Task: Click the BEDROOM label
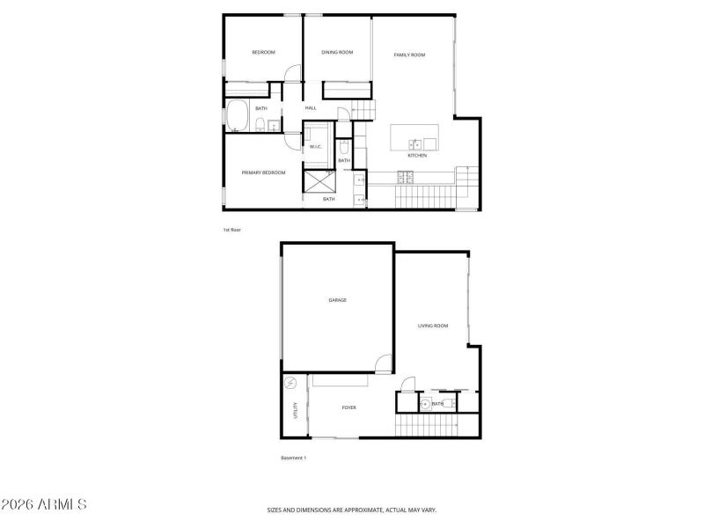click(263, 53)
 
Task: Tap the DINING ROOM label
click(337, 53)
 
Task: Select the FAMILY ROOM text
click(409, 55)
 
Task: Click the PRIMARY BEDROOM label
click(264, 172)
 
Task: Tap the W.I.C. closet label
click(316, 147)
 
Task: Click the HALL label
click(311, 108)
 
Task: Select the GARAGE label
click(337, 300)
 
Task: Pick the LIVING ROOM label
click(433, 326)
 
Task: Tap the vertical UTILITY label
click(296, 411)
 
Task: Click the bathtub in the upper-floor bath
click(237, 115)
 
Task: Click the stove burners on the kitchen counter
click(406, 175)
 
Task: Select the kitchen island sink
click(414, 143)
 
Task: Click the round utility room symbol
click(291, 384)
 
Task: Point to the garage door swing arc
click(382, 363)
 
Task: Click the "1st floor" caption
click(231, 230)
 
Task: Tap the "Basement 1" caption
click(293, 458)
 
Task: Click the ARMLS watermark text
click(44, 505)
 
